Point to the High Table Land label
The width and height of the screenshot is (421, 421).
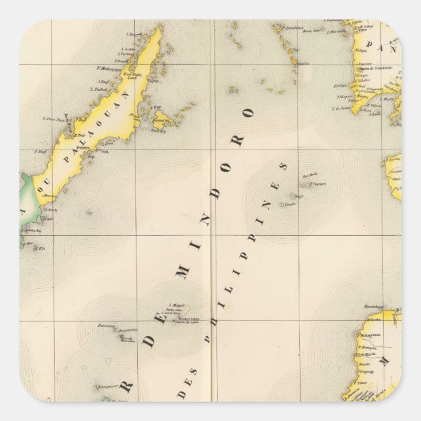[x=134, y=75]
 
